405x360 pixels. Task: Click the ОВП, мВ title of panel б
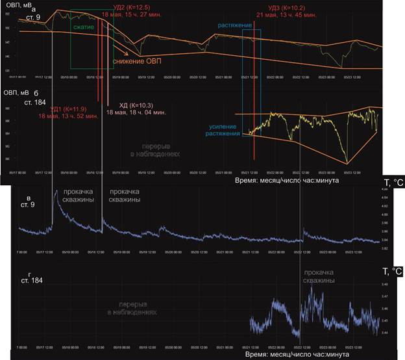(21, 92)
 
